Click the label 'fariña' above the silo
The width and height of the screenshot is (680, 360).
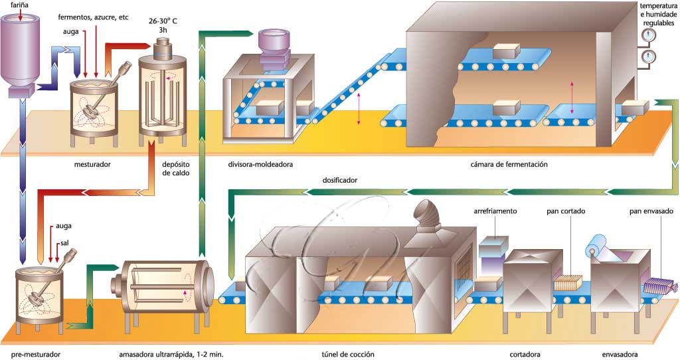[19, 6]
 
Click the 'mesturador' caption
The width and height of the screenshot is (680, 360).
[95, 161]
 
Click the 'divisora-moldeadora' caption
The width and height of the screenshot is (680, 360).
[255, 162]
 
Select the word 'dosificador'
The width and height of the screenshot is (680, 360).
[340, 180]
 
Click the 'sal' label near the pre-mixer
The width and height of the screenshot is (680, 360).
[64, 244]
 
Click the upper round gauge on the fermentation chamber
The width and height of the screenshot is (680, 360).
[649, 37]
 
